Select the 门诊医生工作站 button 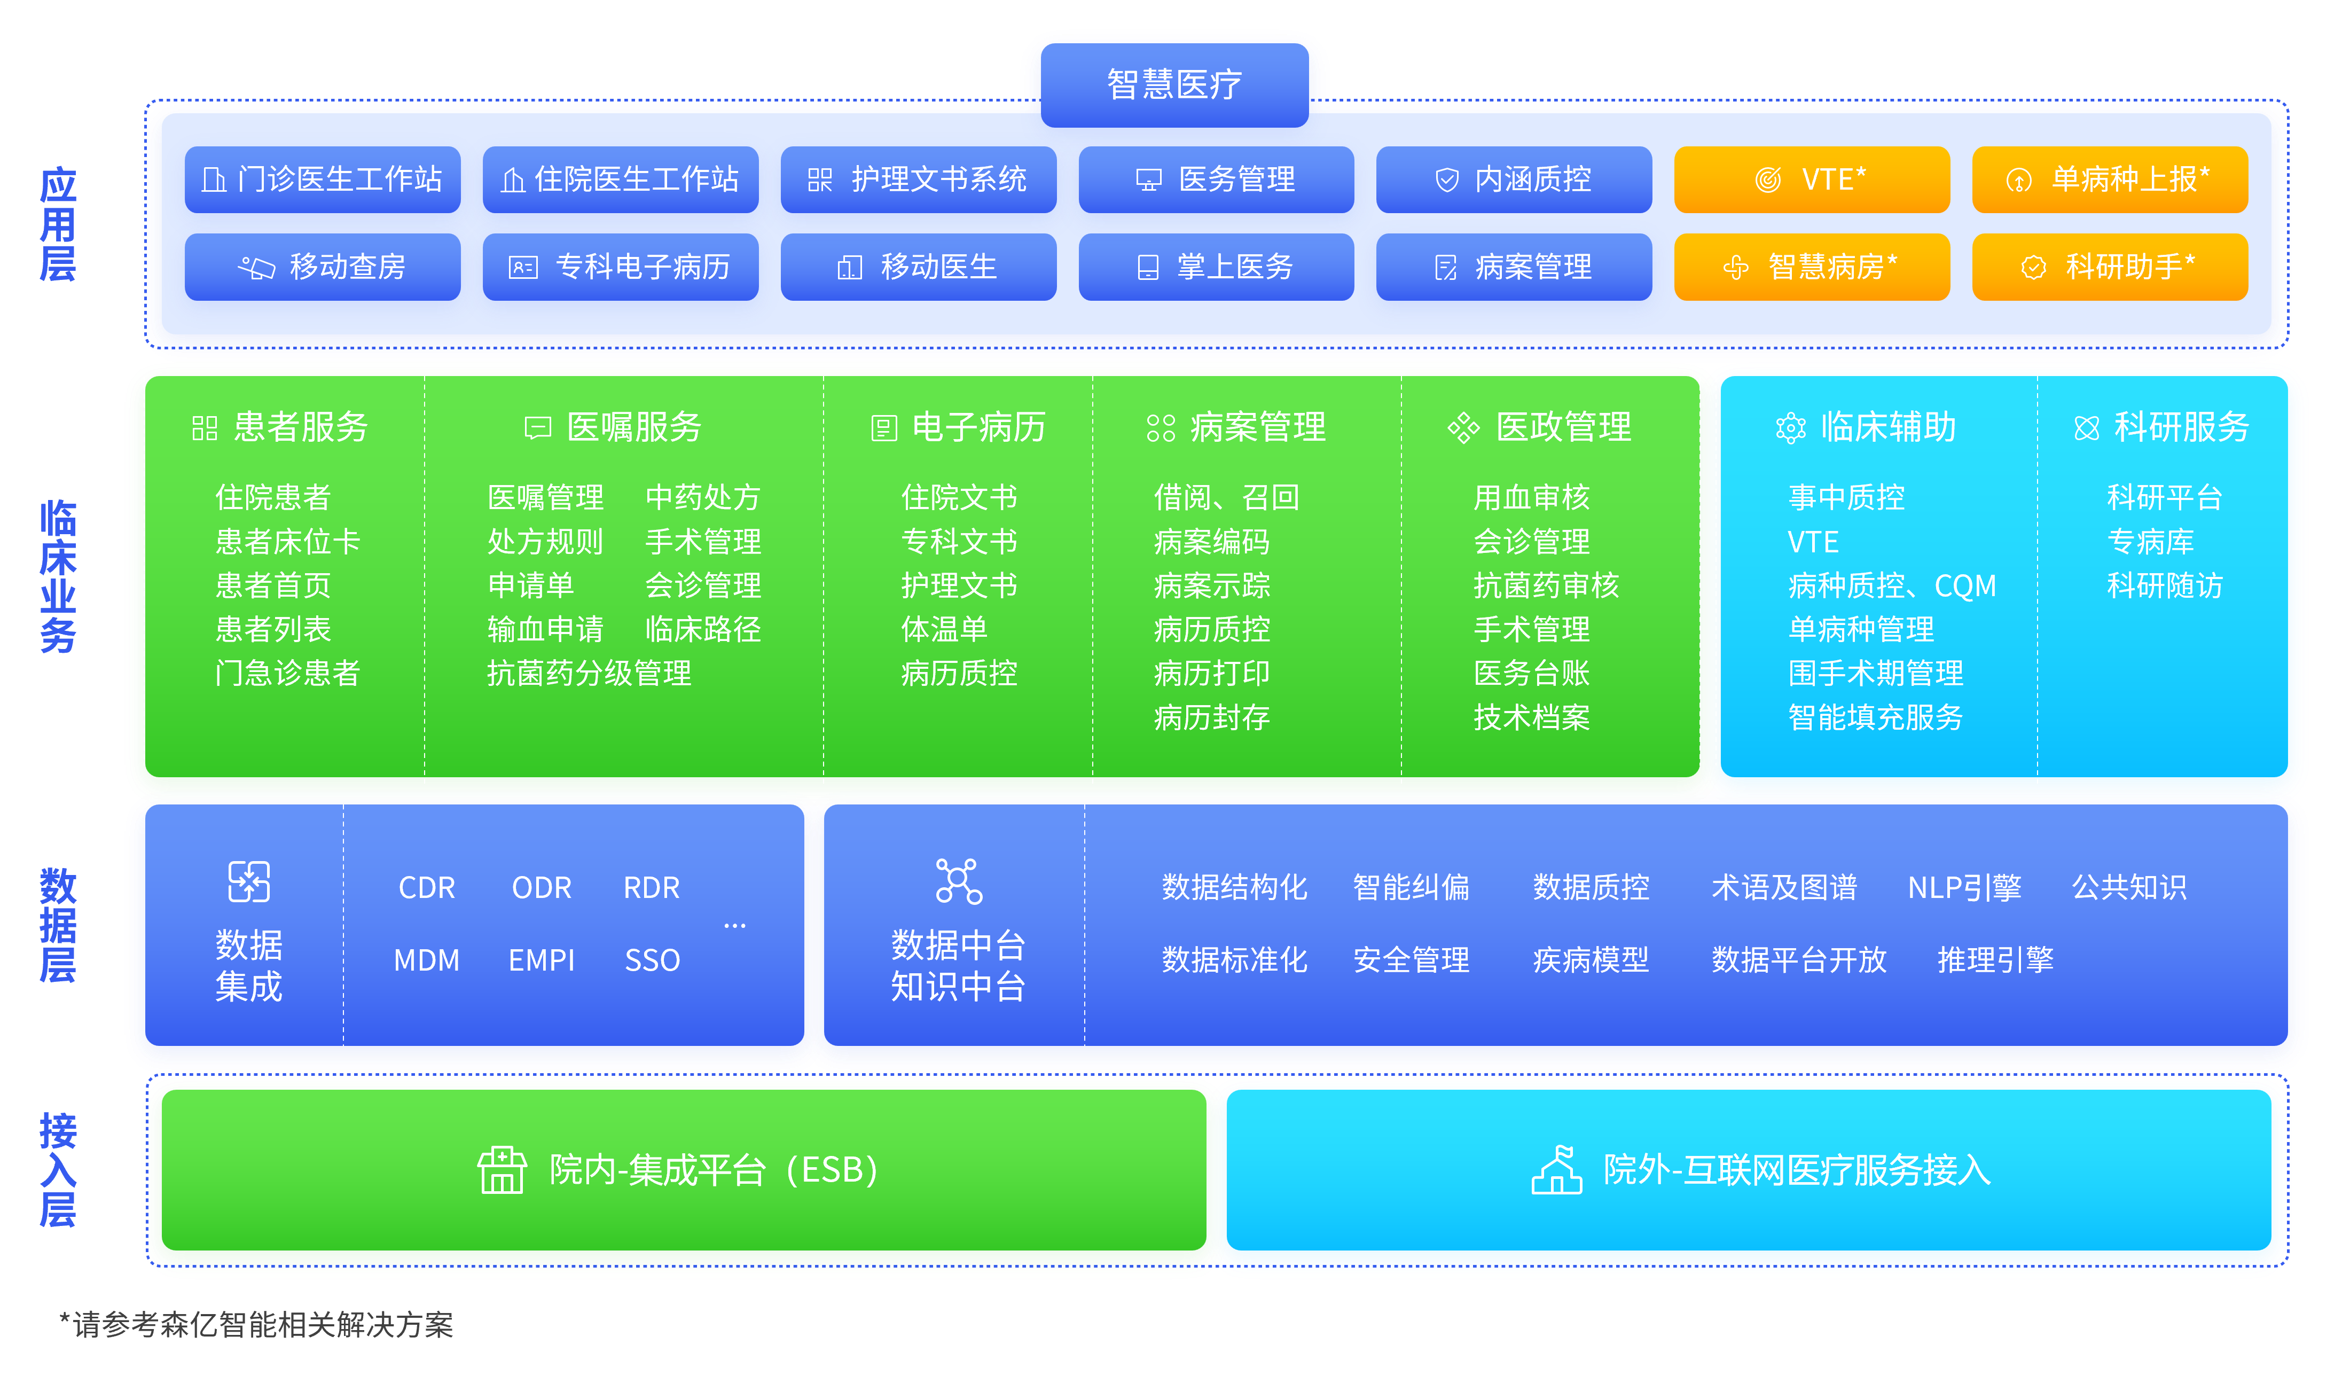coord(323,179)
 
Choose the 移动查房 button coord(323,267)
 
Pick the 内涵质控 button coord(1513,179)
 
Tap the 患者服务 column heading coord(281,427)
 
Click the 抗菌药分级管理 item coord(590,673)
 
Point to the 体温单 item coord(944,629)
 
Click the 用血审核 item coord(1531,497)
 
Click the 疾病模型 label coord(1590,960)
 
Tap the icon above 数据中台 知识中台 coord(959,881)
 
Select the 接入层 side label coord(58,1170)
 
